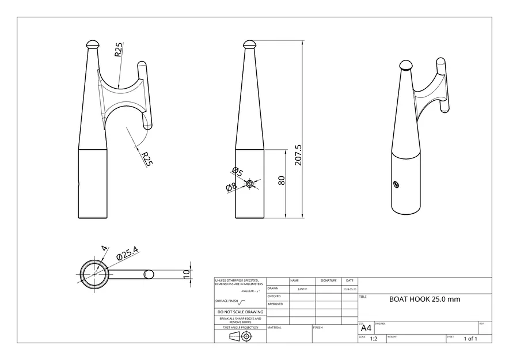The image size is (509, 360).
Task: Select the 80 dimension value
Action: pyautogui.click(x=282, y=180)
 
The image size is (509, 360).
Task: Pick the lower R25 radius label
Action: pyautogui.click(x=147, y=160)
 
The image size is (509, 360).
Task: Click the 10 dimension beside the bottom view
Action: pyautogui.click(x=186, y=274)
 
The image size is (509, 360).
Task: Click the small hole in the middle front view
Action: pyautogui.click(x=249, y=184)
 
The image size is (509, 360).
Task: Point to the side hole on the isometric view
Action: pyautogui.click(x=396, y=184)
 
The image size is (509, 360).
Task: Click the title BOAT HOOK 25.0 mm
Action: pyautogui.click(x=424, y=300)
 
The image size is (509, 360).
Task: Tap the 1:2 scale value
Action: pyautogui.click(x=373, y=339)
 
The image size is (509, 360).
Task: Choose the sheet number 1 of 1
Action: pyautogui.click(x=470, y=339)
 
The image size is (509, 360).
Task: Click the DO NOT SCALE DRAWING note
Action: pyautogui.click(x=240, y=312)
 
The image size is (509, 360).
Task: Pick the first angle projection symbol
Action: pyautogui.click(x=240, y=337)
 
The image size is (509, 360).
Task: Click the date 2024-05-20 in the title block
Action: pyautogui.click(x=350, y=289)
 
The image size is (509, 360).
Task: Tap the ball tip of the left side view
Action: pyautogui.click(x=93, y=44)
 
